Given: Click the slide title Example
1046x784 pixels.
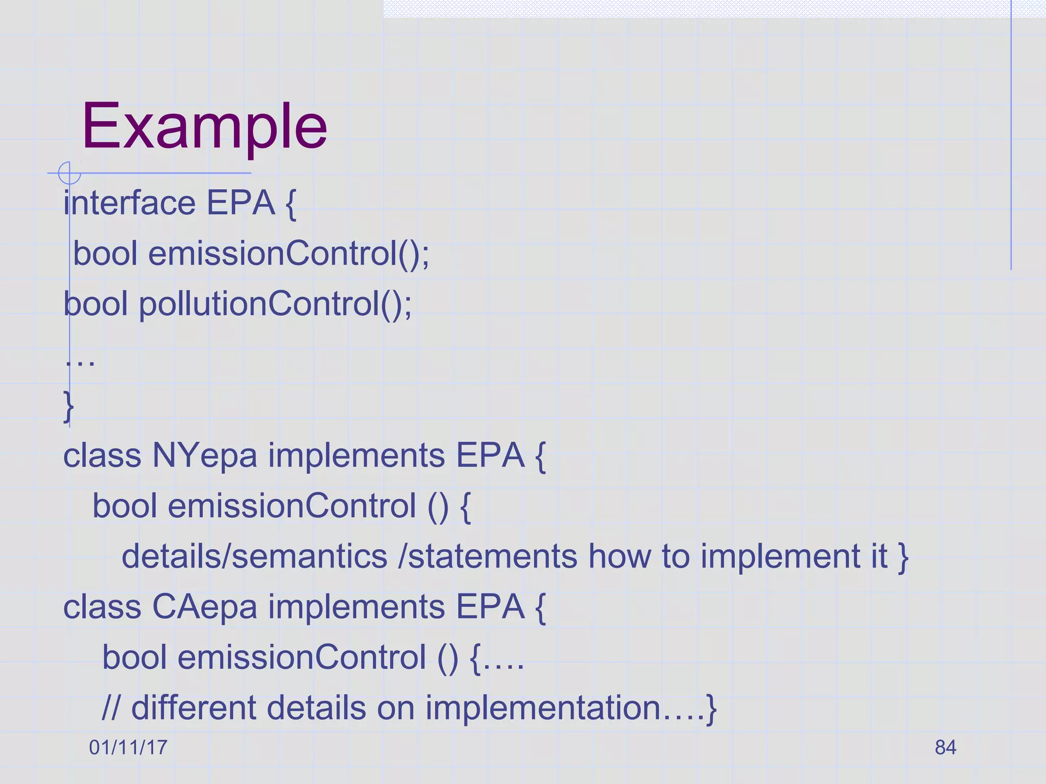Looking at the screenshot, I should point(204,126).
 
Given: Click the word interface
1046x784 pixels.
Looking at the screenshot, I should point(129,203).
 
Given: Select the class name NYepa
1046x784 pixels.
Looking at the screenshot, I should point(204,455).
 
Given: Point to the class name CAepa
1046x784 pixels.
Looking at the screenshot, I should point(204,607).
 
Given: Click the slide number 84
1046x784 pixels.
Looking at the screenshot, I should point(945,747).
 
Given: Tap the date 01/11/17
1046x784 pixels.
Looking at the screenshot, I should point(128,747).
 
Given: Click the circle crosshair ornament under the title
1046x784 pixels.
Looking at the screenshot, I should point(69,173).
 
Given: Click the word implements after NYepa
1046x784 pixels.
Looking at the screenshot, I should point(356,455).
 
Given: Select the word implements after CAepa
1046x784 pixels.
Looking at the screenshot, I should point(356,607).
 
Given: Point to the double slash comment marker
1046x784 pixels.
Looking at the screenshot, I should point(111,708).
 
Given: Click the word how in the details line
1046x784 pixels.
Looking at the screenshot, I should point(619,556).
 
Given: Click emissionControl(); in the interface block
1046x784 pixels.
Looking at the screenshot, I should point(289,254).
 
